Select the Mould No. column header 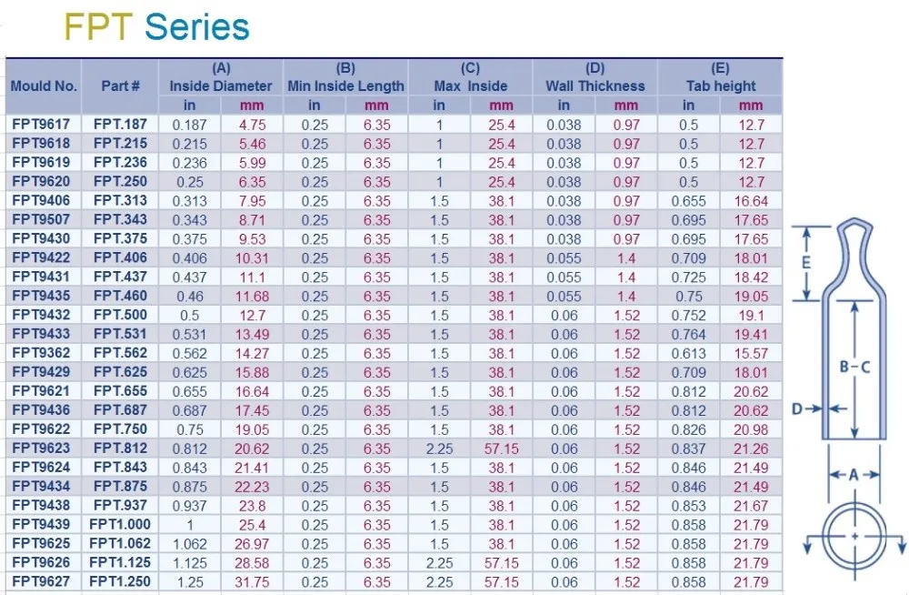tap(44, 86)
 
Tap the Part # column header tap(120, 86)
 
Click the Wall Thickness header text tap(594, 86)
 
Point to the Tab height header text tap(721, 86)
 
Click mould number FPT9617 tap(44, 125)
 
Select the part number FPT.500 tap(120, 315)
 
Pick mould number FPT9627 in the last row tap(44, 581)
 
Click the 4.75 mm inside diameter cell tap(252, 125)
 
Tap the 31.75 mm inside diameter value tap(252, 581)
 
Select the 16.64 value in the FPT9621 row tap(252, 391)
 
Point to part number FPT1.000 tap(120, 524)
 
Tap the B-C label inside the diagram tap(854, 366)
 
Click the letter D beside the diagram tap(797, 409)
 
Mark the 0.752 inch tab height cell tap(689, 315)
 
